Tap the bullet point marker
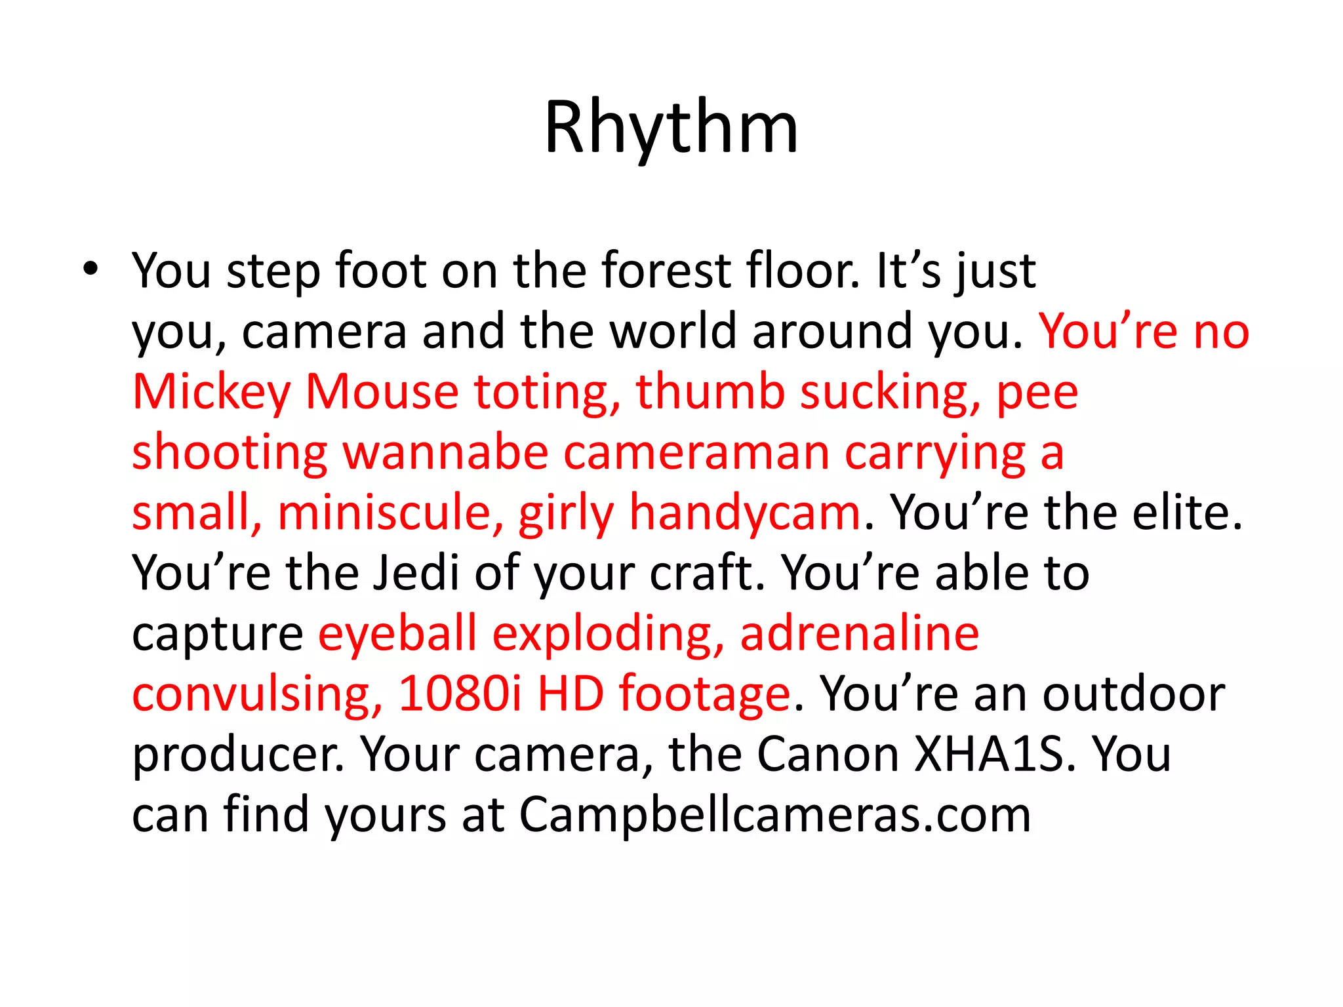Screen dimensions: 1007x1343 [90, 269]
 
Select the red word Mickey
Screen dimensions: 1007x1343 [211, 391]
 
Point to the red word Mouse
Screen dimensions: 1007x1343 [382, 391]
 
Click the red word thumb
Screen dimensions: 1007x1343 [710, 391]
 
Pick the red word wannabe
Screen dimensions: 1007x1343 [445, 452]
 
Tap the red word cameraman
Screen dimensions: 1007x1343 [696, 452]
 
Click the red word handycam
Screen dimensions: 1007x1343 [744, 513]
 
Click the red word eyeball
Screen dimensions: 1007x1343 [397, 633]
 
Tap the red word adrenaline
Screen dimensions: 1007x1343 [859, 633]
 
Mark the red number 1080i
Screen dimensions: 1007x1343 [460, 694]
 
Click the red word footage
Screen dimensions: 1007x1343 [704, 694]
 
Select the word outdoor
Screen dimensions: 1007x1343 [1134, 694]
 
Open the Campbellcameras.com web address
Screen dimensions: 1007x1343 [775, 815]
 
